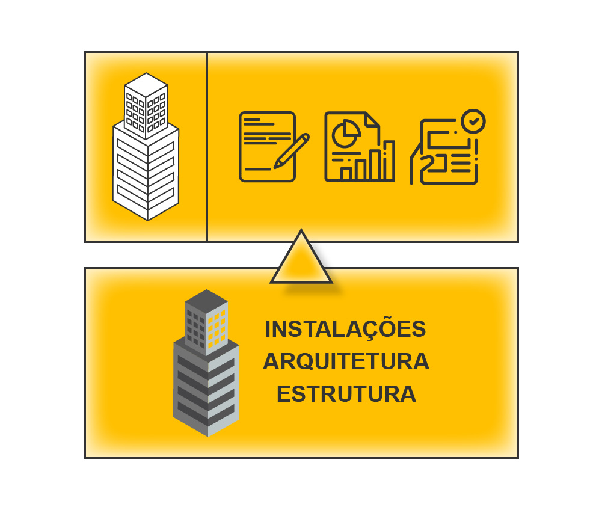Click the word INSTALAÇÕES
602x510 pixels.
coord(345,329)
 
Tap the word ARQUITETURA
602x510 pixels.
coord(346,361)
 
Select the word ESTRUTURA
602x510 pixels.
coord(346,394)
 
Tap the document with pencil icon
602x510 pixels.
coord(268,147)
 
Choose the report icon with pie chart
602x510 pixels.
coord(359,147)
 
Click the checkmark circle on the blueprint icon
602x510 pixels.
coord(474,121)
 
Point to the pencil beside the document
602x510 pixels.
coord(292,150)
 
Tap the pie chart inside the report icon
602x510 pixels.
coord(343,131)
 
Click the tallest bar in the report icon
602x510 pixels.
coord(389,161)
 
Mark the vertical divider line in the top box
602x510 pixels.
coord(207,147)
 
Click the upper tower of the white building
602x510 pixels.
coord(146,102)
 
